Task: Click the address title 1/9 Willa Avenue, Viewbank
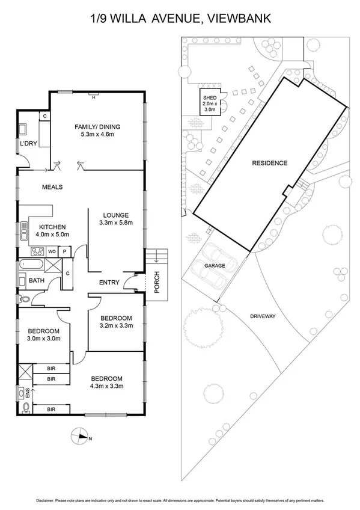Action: [x=180, y=19]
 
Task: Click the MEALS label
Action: [x=52, y=187]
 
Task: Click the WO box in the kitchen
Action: [x=52, y=251]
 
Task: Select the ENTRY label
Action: [x=109, y=282]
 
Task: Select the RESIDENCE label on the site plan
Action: [x=269, y=163]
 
